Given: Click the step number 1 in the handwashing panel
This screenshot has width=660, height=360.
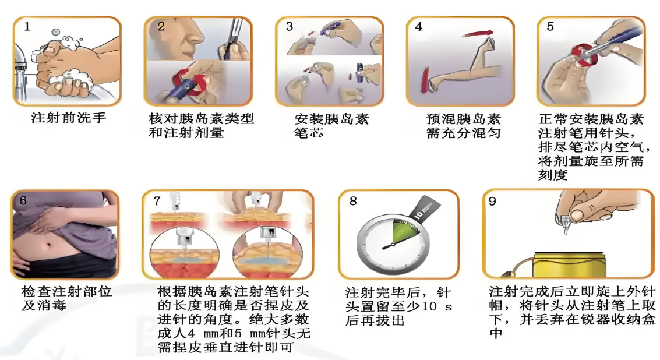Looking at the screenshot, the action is point(27,27).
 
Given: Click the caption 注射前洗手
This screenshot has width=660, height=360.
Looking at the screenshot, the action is point(69,118).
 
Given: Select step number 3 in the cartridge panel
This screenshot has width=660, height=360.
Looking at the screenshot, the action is point(289,27).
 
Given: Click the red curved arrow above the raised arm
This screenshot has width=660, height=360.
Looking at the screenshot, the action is point(477,34).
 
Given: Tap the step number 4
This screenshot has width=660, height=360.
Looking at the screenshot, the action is point(418,27).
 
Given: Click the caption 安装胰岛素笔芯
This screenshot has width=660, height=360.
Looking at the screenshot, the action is point(331,126).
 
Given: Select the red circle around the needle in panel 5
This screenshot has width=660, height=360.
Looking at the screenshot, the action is point(583,55).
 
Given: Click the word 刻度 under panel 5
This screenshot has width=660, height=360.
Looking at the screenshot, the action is point(553,175).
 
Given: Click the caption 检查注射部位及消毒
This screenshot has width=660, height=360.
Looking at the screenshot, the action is point(66,298).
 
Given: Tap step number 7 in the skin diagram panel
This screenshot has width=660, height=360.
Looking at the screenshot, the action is point(157,201).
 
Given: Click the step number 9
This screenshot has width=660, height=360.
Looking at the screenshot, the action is point(492,202).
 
